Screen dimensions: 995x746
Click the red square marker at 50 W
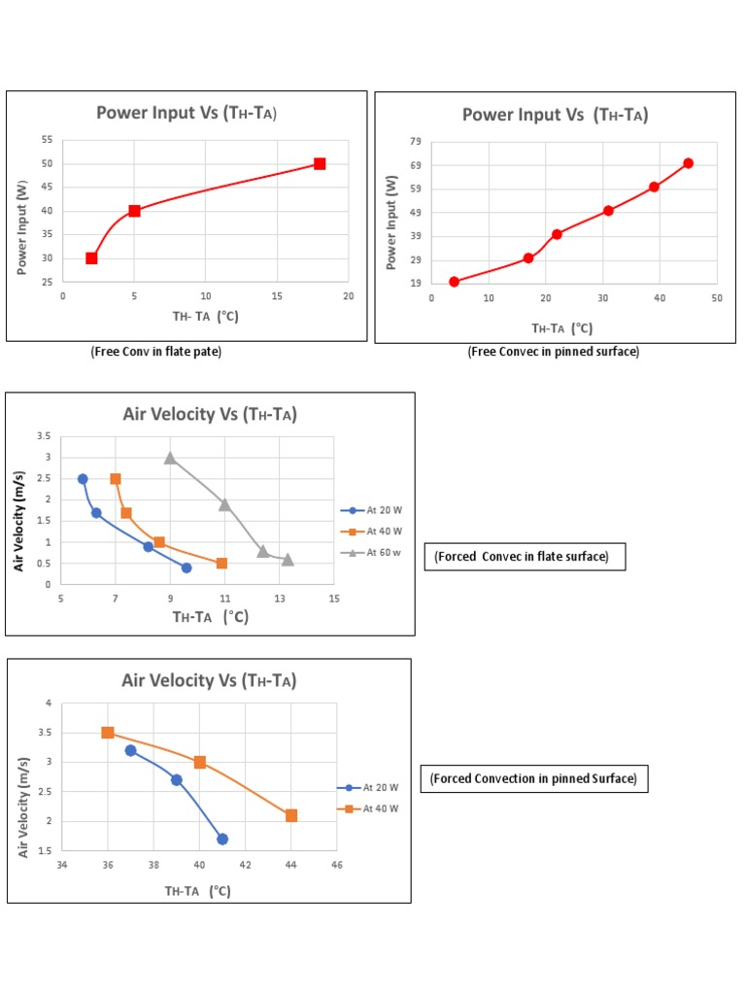click(320, 163)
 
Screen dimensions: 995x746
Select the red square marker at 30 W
click(91, 258)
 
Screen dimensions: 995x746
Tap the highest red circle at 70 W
click(688, 163)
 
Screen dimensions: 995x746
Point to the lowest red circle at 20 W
click(454, 282)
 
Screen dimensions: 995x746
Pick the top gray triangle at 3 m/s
click(170, 458)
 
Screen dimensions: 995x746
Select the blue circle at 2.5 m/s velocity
click(83, 479)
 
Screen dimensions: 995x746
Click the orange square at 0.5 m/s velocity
click(221, 564)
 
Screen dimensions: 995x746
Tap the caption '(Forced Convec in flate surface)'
click(522, 557)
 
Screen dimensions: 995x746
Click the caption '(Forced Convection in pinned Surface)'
click(534, 778)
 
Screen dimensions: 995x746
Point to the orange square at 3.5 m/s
click(108, 733)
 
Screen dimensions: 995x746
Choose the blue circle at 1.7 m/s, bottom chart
click(222, 839)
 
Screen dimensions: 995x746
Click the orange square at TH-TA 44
click(291, 815)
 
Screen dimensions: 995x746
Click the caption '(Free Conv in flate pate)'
click(156, 352)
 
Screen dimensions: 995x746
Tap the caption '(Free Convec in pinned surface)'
click(554, 352)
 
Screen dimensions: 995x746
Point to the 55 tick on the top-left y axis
click(48, 140)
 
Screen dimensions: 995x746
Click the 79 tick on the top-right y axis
click(416, 142)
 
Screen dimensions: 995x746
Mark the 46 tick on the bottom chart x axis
click(337, 864)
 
